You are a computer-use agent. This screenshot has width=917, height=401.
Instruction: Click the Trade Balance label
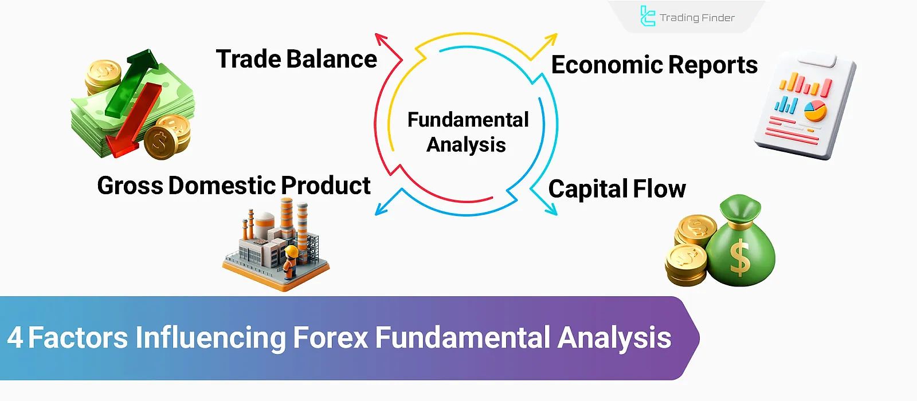click(x=296, y=60)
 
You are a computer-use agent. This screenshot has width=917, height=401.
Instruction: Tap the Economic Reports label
click(x=654, y=65)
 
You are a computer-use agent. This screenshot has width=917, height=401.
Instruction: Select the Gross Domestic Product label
click(x=234, y=186)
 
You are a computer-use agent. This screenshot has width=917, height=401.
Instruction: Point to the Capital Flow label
click(x=617, y=189)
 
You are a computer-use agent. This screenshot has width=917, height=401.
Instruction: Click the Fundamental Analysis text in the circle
click(x=467, y=132)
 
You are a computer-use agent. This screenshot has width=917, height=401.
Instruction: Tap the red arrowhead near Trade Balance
click(x=381, y=40)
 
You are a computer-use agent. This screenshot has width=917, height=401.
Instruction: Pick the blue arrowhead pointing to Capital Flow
click(x=550, y=209)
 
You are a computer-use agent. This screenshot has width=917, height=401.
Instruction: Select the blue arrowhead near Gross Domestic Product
click(x=381, y=209)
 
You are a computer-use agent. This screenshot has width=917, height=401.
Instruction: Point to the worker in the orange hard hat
click(x=291, y=261)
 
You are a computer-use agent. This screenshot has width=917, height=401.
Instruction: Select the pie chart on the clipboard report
click(x=814, y=110)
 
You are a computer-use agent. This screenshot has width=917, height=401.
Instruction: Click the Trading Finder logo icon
click(x=647, y=16)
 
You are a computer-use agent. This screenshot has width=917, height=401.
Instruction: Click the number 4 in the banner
click(x=15, y=338)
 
